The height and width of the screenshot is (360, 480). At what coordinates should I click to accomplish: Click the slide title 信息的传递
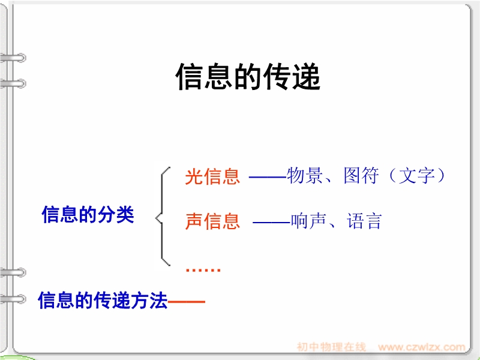point(248,77)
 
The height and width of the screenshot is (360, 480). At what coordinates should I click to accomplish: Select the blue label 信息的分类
point(88,215)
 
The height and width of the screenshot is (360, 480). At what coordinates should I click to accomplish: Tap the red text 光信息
point(212,176)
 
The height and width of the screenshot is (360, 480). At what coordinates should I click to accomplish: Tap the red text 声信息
point(212,221)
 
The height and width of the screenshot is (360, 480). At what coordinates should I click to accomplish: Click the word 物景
point(304,175)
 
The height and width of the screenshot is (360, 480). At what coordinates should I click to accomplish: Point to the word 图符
point(361,175)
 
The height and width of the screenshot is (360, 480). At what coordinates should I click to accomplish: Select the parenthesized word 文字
point(416,175)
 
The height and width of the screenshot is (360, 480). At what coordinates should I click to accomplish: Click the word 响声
point(308,221)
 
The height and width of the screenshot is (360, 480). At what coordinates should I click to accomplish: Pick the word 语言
point(364,221)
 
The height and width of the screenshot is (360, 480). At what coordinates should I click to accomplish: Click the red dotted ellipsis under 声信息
point(203,269)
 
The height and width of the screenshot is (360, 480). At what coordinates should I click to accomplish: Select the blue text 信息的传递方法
point(103,301)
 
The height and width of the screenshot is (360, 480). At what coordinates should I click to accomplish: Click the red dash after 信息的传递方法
point(187,302)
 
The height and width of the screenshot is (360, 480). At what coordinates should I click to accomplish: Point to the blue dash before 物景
point(268,176)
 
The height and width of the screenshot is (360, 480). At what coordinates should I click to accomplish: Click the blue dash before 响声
point(272,222)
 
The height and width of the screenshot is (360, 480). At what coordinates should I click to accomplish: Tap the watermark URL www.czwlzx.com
point(422,347)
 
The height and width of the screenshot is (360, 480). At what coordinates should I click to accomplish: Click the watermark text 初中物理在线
point(332,347)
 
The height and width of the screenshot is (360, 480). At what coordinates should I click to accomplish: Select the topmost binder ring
point(13,58)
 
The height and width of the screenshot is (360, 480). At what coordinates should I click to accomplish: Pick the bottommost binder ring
point(13,299)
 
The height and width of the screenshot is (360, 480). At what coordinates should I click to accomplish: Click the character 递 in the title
point(306,77)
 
